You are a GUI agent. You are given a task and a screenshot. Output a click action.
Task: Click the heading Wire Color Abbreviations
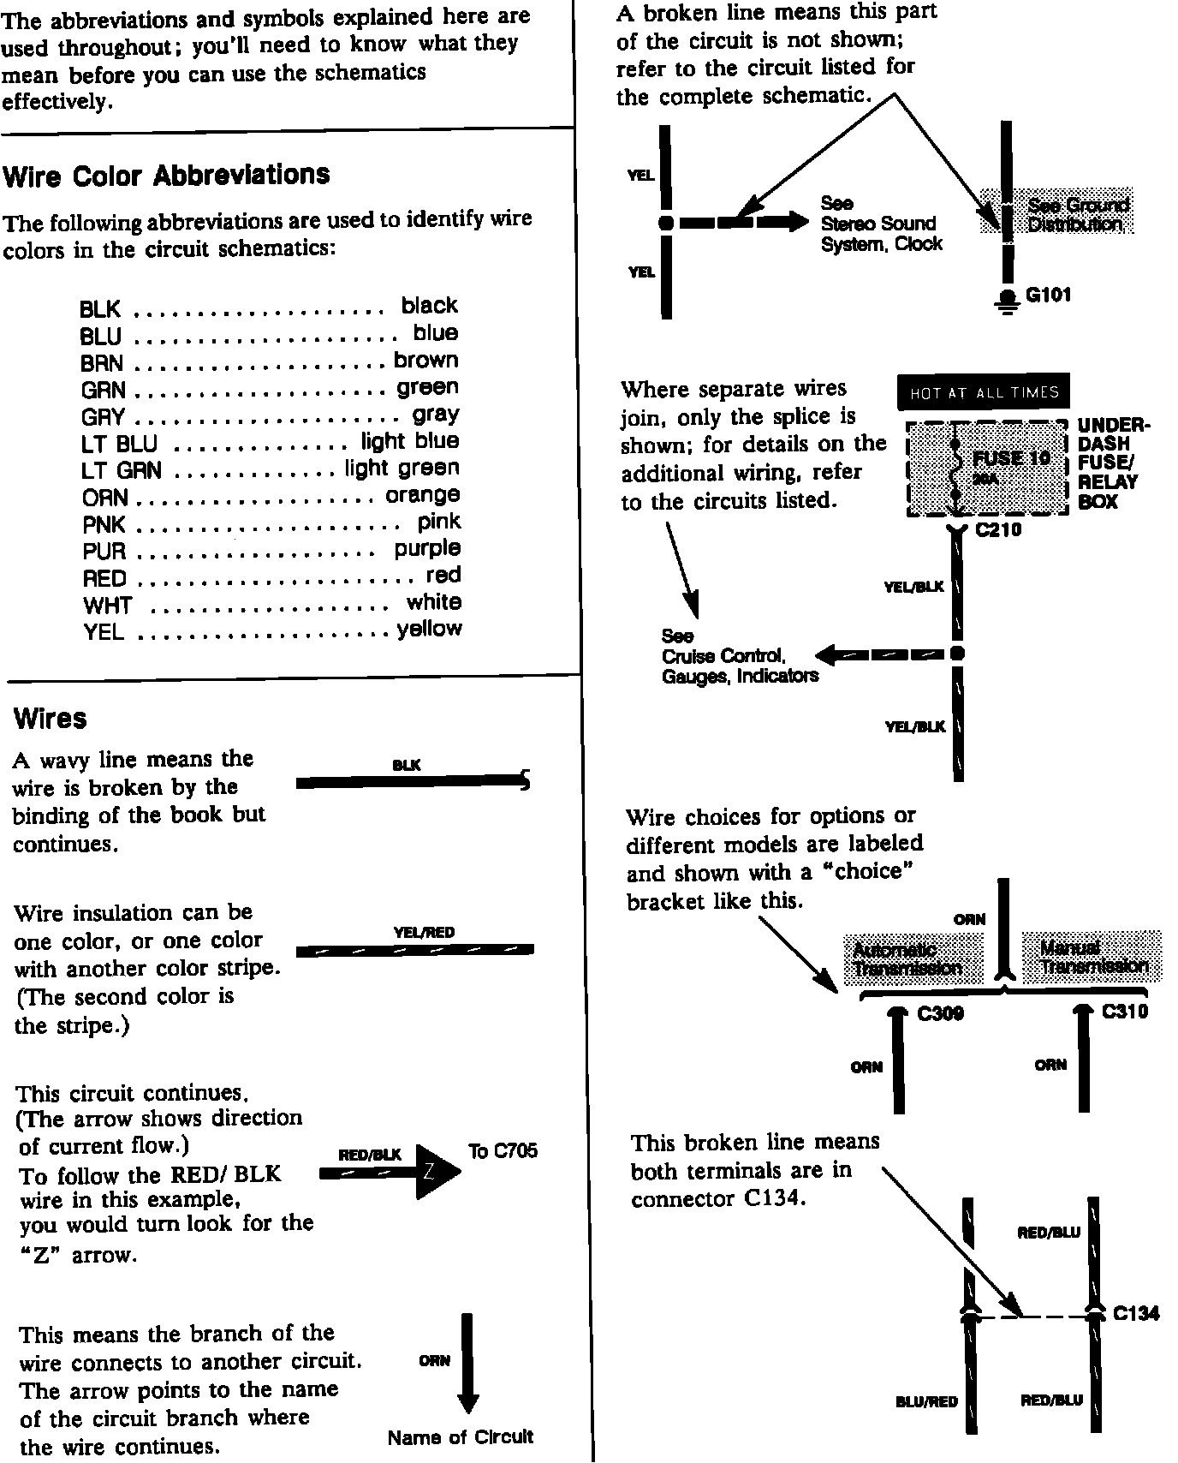[166, 176]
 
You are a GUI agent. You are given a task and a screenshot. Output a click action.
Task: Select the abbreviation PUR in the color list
[104, 551]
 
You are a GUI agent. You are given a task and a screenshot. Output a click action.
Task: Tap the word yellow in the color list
[429, 630]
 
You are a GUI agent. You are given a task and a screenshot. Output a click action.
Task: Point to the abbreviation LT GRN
[121, 470]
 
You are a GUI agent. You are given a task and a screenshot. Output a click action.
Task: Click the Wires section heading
[51, 718]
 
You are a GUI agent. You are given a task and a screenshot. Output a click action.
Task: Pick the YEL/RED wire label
[424, 933]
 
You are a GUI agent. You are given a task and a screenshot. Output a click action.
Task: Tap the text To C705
[503, 1150]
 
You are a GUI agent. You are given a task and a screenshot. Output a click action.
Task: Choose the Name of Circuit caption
[461, 1436]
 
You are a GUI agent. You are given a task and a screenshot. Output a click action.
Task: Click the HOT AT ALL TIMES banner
[984, 393]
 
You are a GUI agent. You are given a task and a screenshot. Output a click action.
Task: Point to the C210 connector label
[998, 530]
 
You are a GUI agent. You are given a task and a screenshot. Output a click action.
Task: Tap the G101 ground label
[1049, 296]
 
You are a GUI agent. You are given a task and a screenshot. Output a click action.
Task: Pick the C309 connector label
[940, 1013]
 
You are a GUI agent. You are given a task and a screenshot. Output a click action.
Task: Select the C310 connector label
[1124, 1012]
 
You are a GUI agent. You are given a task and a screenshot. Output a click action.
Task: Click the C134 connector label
[1136, 1313]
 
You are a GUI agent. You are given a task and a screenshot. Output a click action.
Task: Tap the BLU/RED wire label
[926, 1401]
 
